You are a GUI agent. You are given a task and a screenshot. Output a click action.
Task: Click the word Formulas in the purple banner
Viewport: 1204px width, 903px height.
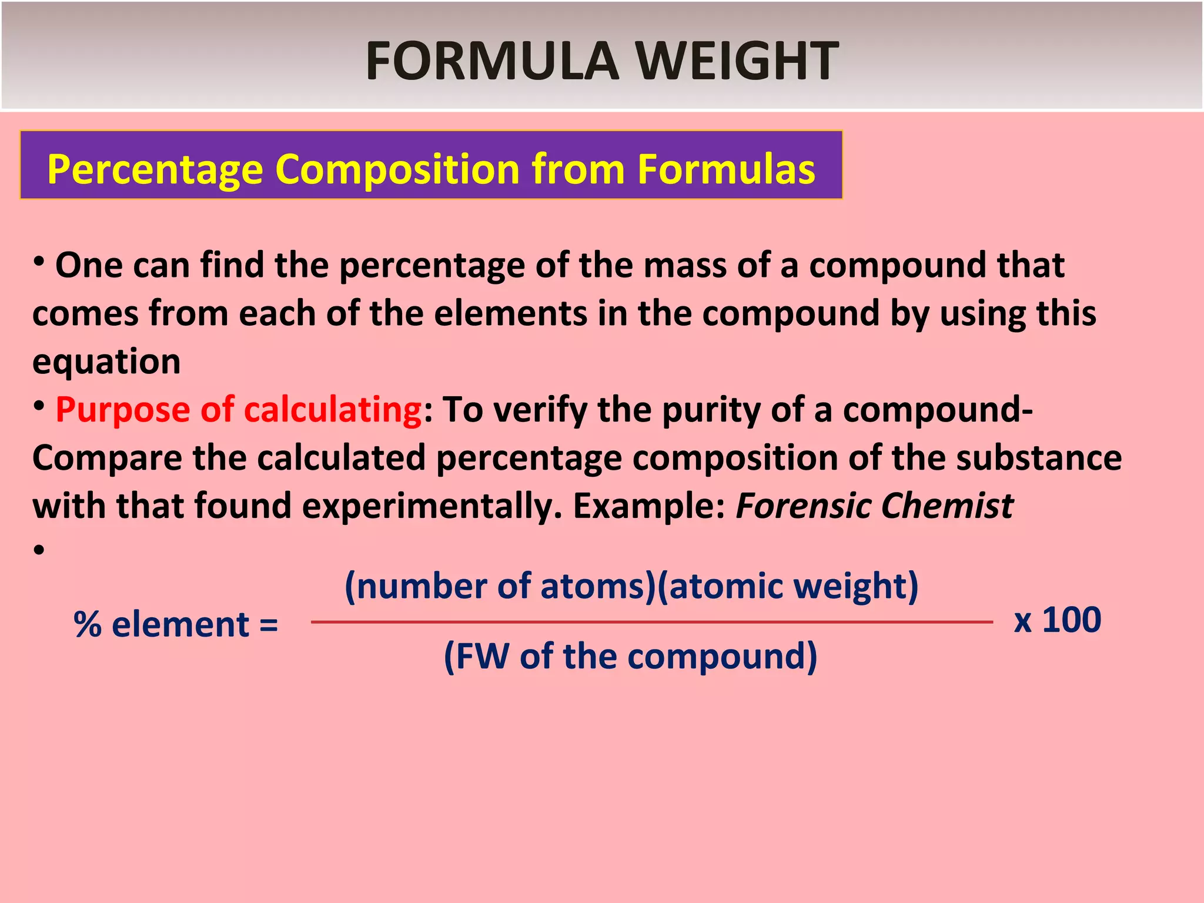pos(726,169)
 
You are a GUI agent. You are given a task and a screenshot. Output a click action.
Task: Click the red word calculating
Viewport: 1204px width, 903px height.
pos(333,410)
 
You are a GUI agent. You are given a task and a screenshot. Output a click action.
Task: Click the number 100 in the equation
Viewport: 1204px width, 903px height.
pos(1071,620)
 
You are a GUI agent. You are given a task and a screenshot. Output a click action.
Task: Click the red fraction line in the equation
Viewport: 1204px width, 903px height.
pos(651,622)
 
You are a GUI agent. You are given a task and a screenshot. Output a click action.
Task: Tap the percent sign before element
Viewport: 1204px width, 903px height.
pos(88,624)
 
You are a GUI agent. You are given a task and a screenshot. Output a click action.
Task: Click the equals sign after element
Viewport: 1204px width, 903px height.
pos(268,624)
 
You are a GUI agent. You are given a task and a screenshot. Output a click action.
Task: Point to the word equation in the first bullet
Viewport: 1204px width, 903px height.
pos(106,362)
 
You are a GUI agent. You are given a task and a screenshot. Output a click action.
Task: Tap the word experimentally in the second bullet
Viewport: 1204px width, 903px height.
pos(432,506)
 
